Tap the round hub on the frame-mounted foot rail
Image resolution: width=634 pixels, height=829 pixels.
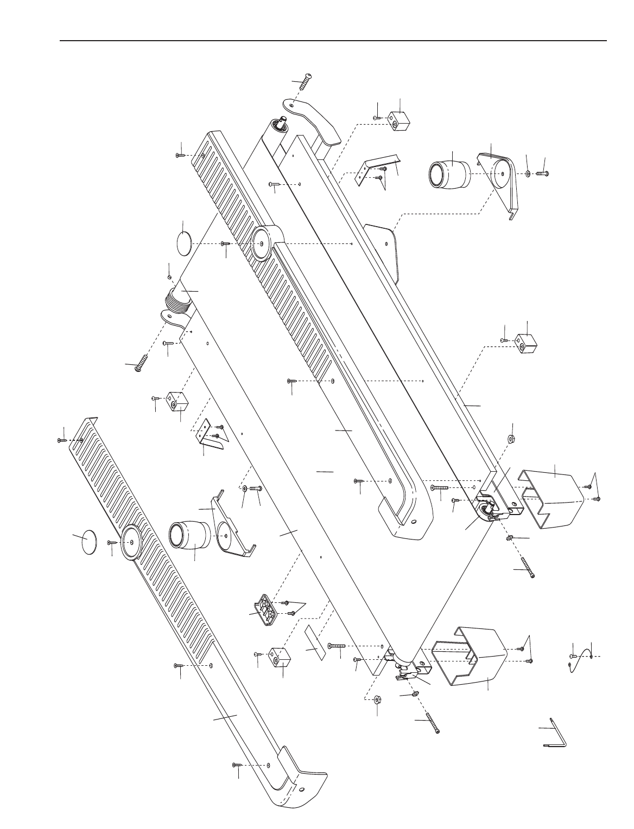tap(263, 244)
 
